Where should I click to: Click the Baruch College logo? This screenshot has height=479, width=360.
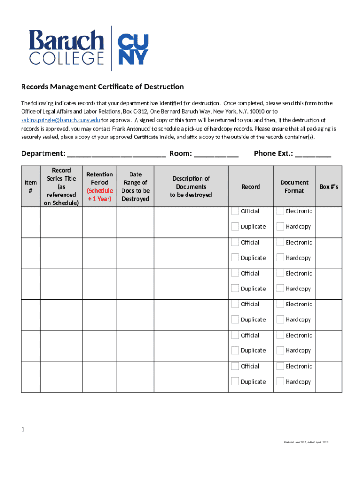point(66,48)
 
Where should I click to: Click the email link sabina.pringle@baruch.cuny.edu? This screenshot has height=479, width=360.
point(61,120)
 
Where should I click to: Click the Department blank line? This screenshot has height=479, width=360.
point(116,154)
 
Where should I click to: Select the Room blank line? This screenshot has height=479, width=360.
point(216,154)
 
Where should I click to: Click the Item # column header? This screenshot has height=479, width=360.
point(30,187)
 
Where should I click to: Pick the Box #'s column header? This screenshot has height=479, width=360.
point(328,187)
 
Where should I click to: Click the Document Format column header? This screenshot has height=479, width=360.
point(294,187)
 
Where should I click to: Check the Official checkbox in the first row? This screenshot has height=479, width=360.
point(236,211)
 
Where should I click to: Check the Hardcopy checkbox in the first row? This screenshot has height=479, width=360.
point(281,226)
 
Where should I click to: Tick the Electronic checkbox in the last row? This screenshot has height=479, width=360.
point(281,366)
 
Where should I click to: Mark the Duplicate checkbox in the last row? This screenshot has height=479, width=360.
point(236,382)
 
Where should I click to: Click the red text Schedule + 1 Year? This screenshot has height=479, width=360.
point(100,195)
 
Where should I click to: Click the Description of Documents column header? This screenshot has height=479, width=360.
point(191,187)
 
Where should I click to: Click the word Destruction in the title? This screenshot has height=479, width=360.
point(164,87)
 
